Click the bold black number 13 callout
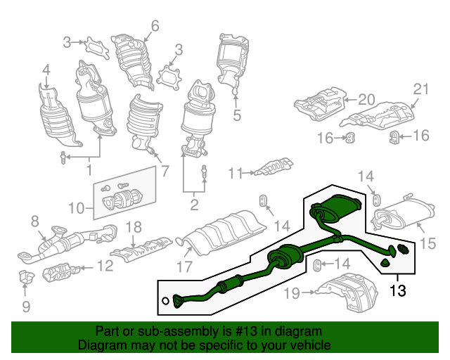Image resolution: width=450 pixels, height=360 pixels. (398, 291)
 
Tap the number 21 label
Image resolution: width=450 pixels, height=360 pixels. (420, 89)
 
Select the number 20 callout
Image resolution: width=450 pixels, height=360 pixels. (367, 100)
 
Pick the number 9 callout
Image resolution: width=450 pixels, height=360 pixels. (26, 307)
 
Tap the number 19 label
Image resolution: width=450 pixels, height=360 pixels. (292, 293)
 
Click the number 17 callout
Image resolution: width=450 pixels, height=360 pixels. (184, 266)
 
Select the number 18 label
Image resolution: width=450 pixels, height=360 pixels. (134, 227)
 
